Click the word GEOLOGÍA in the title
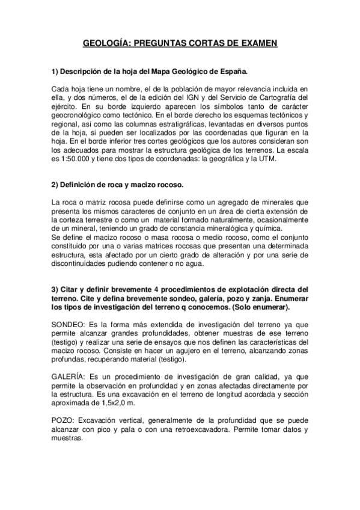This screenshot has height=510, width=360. [x=106, y=43]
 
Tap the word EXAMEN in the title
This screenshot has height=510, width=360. [x=255, y=43]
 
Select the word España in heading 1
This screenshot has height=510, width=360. [x=233, y=72]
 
